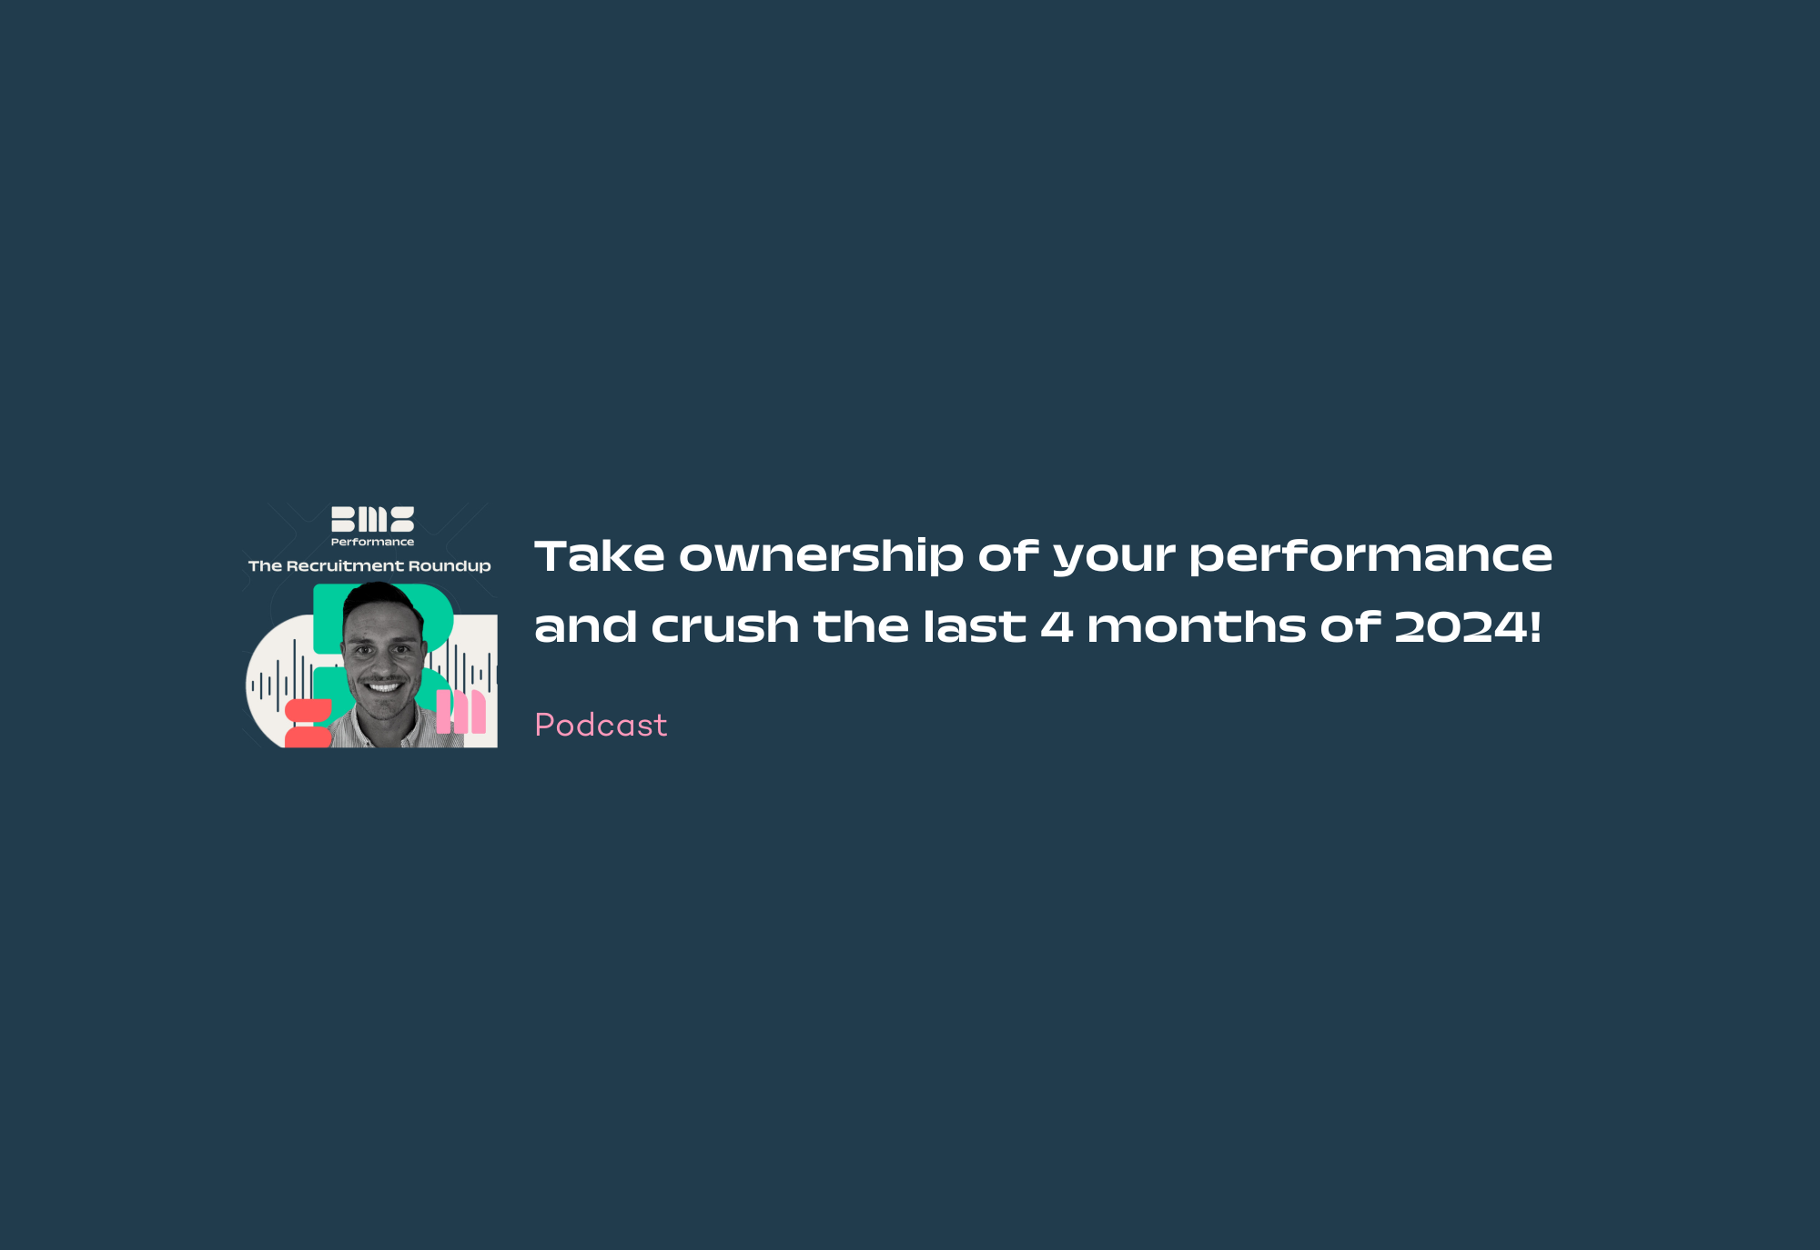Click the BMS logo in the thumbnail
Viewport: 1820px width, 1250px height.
tap(372, 519)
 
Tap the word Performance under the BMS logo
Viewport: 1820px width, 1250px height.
tap(372, 542)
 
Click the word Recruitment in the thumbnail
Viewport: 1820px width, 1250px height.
tap(345, 566)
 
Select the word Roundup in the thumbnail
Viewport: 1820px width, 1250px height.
tap(450, 566)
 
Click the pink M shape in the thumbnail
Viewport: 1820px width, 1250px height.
tap(460, 711)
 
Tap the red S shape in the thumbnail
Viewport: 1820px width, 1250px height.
tap(308, 723)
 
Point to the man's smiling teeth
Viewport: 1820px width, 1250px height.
tap(383, 686)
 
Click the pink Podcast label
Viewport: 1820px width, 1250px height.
tap(601, 725)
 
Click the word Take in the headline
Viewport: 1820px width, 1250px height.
tap(600, 555)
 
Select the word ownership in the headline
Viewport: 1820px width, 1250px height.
tap(821, 556)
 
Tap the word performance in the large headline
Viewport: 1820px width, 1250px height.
tap(1370, 556)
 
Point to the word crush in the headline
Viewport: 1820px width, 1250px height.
tap(725, 626)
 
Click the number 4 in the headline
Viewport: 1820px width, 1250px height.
tap(1057, 626)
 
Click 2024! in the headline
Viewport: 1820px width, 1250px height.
tap(1468, 626)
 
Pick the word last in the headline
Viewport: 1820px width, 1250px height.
tap(975, 626)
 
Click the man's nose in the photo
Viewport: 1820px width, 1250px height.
tap(382, 660)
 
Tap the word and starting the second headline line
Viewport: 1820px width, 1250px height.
tap(585, 626)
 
